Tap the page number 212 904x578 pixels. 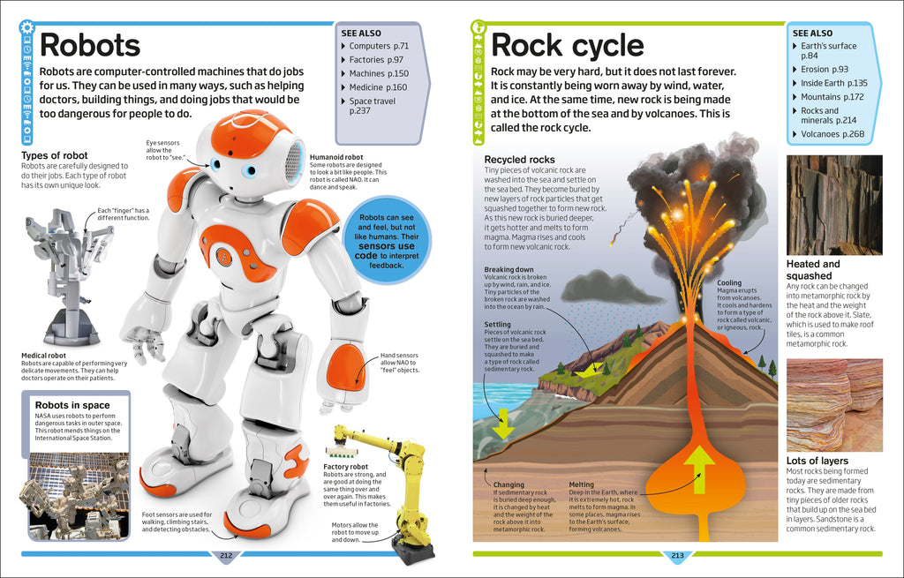225,555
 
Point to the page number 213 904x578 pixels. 677,555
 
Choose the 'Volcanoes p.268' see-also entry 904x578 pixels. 832,134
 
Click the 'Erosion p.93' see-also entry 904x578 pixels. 824,69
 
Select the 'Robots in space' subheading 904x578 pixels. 72,405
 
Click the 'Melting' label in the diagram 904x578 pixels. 581,484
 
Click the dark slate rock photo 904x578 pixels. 834,205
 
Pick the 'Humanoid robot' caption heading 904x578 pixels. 336,157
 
